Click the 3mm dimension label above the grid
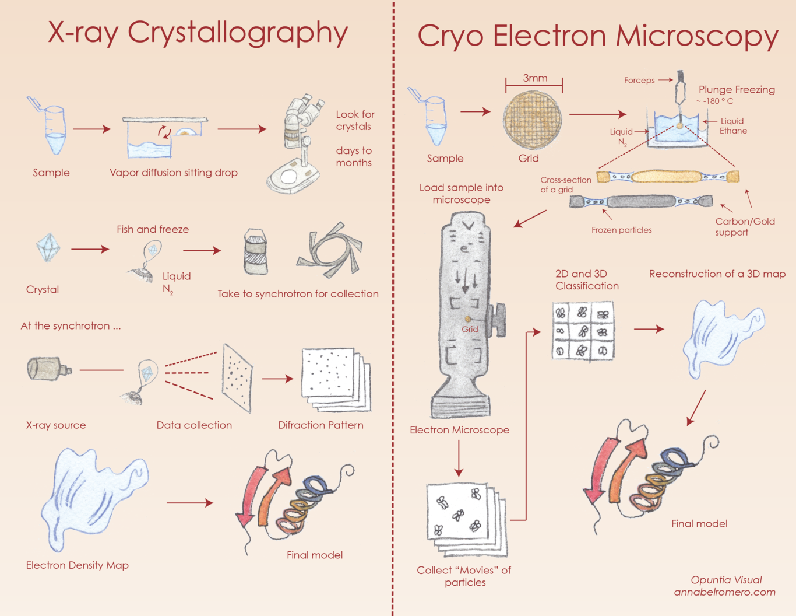[535, 78]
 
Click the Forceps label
[639, 80]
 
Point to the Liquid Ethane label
[733, 126]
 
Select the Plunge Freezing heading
[737, 90]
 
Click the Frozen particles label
[622, 230]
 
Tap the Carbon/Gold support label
[745, 226]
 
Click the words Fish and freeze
[153, 229]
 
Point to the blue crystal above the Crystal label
[48, 248]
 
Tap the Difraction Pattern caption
[320, 425]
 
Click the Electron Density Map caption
[78, 565]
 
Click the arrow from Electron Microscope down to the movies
[459, 459]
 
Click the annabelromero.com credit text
[724, 592]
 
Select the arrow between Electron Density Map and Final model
[190, 503]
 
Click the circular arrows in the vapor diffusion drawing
[164, 132]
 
